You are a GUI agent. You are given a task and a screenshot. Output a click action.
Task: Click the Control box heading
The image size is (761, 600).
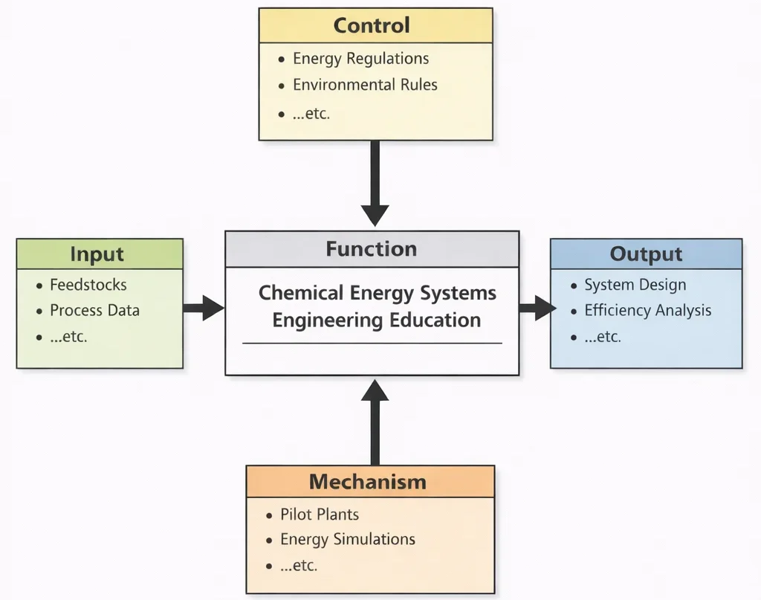click(x=371, y=25)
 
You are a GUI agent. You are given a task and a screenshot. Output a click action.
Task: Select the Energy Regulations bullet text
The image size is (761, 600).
click(x=360, y=59)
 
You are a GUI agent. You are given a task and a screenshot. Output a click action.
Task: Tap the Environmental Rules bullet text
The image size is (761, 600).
click(x=365, y=85)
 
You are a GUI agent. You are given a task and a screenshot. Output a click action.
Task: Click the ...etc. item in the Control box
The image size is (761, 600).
click(x=311, y=114)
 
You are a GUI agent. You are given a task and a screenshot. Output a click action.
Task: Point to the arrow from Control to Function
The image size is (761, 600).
click(x=375, y=182)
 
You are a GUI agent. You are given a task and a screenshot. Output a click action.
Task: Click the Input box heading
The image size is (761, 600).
click(x=97, y=254)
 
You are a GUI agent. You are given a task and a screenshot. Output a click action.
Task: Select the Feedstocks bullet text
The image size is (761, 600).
click(x=88, y=285)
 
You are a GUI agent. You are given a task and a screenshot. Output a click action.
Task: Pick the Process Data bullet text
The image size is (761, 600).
click(x=94, y=311)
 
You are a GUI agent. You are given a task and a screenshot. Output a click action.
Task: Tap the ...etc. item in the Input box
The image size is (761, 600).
click(x=68, y=337)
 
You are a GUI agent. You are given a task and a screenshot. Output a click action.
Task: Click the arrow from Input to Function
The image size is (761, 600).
click(x=203, y=307)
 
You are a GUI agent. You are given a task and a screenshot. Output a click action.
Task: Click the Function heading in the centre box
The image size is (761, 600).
click(x=371, y=249)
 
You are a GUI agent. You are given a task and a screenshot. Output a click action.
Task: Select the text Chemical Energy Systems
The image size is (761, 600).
click(x=377, y=293)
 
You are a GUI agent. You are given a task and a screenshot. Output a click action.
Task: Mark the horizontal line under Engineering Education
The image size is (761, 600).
click(x=372, y=343)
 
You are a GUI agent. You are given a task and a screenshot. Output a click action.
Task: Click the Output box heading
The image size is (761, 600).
click(x=645, y=254)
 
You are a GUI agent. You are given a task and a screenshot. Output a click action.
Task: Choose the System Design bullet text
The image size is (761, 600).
click(x=635, y=285)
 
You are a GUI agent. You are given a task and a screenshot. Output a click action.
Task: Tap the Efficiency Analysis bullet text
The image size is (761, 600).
click(x=647, y=311)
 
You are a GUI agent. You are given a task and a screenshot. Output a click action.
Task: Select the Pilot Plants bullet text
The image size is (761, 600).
click(x=319, y=514)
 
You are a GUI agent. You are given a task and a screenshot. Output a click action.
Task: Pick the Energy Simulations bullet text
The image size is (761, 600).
click(x=347, y=540)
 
